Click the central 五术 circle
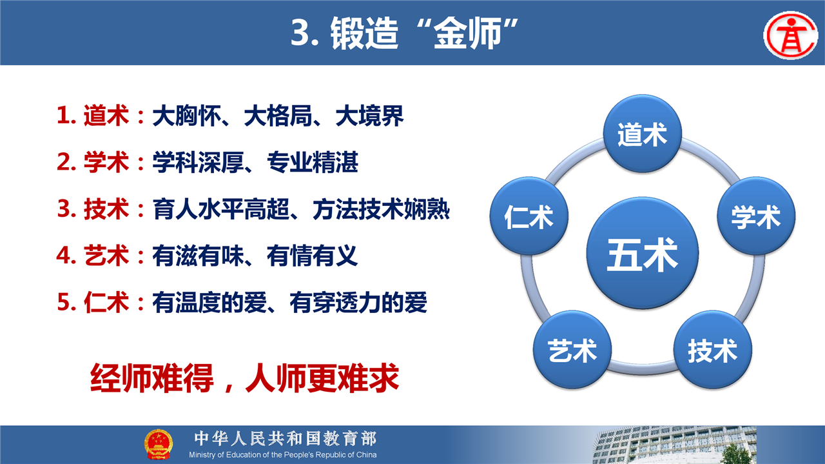tap(643, 253)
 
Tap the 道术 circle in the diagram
tap(643, 134)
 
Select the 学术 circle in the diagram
tap(756, 216)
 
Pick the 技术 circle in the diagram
tap(712, 350)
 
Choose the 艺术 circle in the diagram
tap(572, 350)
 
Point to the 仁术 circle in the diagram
tap(529, 216)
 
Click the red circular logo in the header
tap(791, 35)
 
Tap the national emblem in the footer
tap(158, 444)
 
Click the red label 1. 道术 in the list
tap(93, 116)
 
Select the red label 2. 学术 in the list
tap(93, 162)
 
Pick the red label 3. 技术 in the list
tap(93, 208)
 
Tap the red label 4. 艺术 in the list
tap(93, 256)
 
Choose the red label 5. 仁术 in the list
tap(93, 302)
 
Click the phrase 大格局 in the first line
tap(278, 116)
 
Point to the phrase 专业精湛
tap(313, 162)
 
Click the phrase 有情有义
tap(313, 256)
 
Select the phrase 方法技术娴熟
tap(381, 209)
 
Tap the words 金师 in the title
tap(467, 33)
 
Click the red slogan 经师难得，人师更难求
tap(244, 378)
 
